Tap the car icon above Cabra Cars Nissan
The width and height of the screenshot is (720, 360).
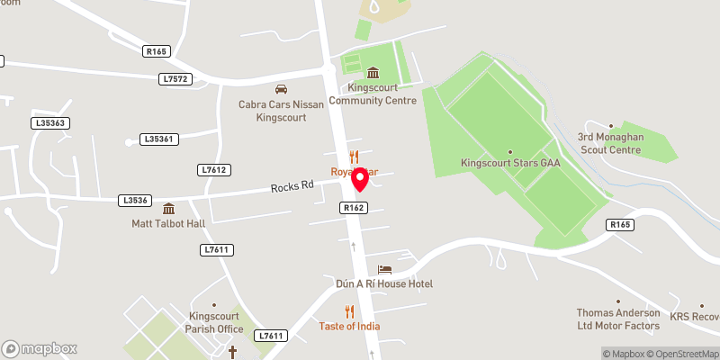pos(281,89)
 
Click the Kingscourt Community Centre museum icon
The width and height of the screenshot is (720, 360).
pos(373,73)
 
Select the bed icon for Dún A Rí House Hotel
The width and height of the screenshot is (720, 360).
pos(384,269)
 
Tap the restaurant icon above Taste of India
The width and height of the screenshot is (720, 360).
pos(349,311)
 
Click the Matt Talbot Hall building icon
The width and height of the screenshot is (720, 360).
pos(168,208)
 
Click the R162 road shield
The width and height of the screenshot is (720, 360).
pos(353,207)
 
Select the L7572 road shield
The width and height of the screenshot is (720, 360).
pos(175,79)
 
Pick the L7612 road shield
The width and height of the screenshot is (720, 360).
pos(214,169)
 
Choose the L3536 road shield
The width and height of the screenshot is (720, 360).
pos(133,201)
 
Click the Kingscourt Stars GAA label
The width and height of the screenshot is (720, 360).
pos(509,164)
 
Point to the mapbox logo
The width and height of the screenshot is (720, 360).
pos(40,348)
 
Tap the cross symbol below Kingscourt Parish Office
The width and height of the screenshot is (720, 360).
pos(232,350)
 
